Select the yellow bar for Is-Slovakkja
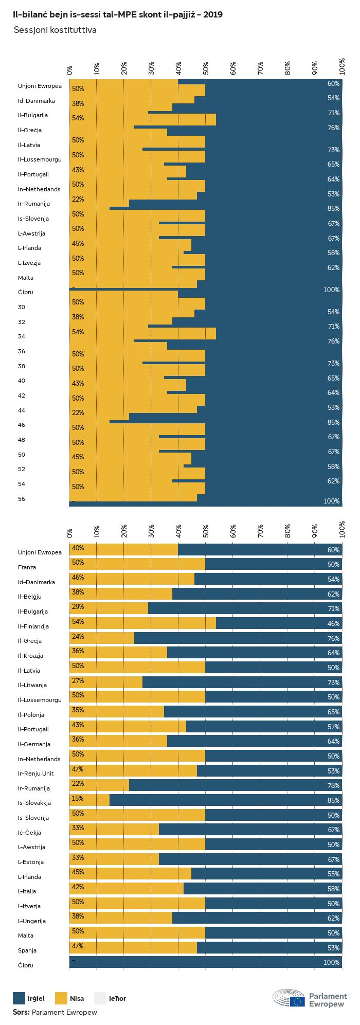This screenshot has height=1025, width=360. click(x=89, y=800)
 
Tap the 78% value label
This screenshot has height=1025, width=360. click(x=333, y=785)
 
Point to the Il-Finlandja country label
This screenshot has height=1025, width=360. click(x=33, y=626)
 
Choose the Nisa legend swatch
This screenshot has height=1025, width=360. click(x=61, y=998)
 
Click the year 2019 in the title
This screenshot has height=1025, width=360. click(x=213, y=15)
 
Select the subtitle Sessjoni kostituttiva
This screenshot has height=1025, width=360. click(x=55, y=30)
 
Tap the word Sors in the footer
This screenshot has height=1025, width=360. click(x=21, y=1012)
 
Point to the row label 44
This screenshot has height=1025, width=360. click(x=21, y=410)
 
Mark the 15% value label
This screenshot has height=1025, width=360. click(x=78, y=798)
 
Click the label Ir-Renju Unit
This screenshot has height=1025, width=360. click(x=35, y=774)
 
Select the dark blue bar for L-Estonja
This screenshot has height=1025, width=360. click(x=250, y=859)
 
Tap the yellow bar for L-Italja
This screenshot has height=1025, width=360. click(x=127, y=889)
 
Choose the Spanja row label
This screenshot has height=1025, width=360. click(x=27, y=950)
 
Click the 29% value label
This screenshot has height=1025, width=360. click(x=78, y=607)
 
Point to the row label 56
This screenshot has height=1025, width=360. click(x=21, y=499)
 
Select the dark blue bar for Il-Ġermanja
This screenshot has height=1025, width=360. click(x=254, y=741)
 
